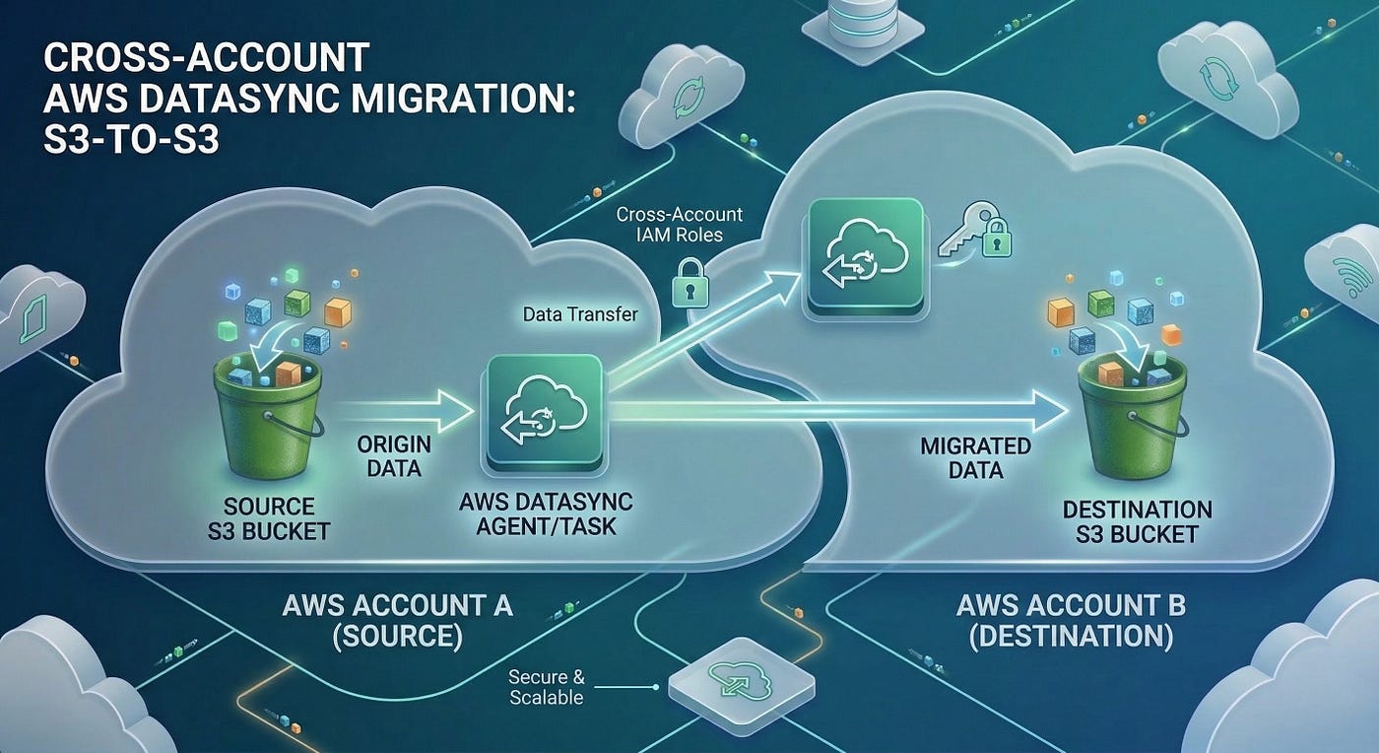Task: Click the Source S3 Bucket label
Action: [x=269, y=518]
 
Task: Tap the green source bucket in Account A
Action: [x=267, y=419]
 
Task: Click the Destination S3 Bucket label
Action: [x=1137, y=522]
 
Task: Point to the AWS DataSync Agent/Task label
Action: [x=546, y=513]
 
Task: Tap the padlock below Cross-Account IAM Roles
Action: [x=690, y=284]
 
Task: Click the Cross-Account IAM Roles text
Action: [x=679, y=225]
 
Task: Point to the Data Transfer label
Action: [x=580, y=314]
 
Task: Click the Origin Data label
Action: [x=394, y=456]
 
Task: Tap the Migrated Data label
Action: [x=976, y=458]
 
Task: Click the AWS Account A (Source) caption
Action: [x=397, y=621]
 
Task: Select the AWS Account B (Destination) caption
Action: [x=1072, y=621]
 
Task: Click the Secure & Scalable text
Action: [x=547, y=687]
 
